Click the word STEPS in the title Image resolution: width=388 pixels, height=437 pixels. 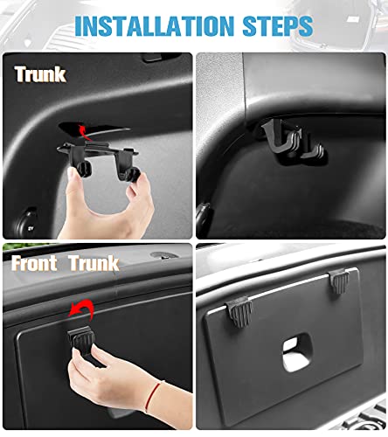(278, 26)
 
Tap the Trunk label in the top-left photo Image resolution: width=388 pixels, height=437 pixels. (40, 74)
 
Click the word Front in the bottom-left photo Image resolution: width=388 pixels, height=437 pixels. (34, 263)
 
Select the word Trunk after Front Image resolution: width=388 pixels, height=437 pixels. (94, 263)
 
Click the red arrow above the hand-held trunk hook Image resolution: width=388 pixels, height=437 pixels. (83, 133)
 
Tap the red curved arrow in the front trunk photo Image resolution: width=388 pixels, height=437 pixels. (82, 309)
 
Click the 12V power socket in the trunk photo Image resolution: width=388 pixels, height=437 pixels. (27, 223)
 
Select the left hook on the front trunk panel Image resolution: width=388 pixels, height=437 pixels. (239, 311)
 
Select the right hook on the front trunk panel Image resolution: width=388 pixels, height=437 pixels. (339, 281)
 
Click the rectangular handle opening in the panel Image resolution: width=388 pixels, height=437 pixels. (296, 352)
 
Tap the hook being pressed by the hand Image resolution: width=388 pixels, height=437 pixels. (81, 338)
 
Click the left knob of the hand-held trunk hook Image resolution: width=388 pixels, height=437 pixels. (84, 170)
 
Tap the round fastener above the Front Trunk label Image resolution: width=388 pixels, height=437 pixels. (163, 255)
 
